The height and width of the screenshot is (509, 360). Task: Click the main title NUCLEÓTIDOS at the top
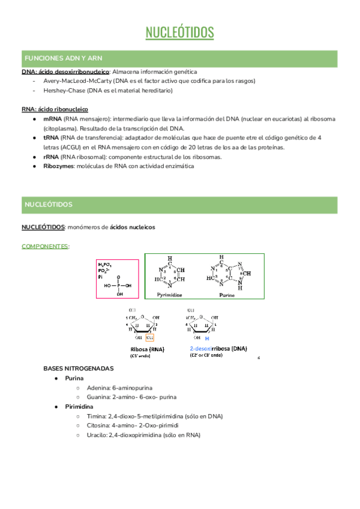click(179, 32)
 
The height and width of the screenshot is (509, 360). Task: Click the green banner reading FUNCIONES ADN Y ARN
click(63, 58)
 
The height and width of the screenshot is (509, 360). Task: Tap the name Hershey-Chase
click(64, 91)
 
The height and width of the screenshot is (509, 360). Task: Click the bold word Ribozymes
click(59, 166)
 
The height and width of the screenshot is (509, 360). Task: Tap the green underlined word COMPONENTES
click(45, 246)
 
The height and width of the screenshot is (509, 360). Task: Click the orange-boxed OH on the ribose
click(158, 337)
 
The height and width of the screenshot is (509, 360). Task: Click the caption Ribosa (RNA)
click(147, 349)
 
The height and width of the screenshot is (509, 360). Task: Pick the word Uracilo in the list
click(98, 435)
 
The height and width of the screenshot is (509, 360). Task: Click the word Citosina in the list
click(100, 426)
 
